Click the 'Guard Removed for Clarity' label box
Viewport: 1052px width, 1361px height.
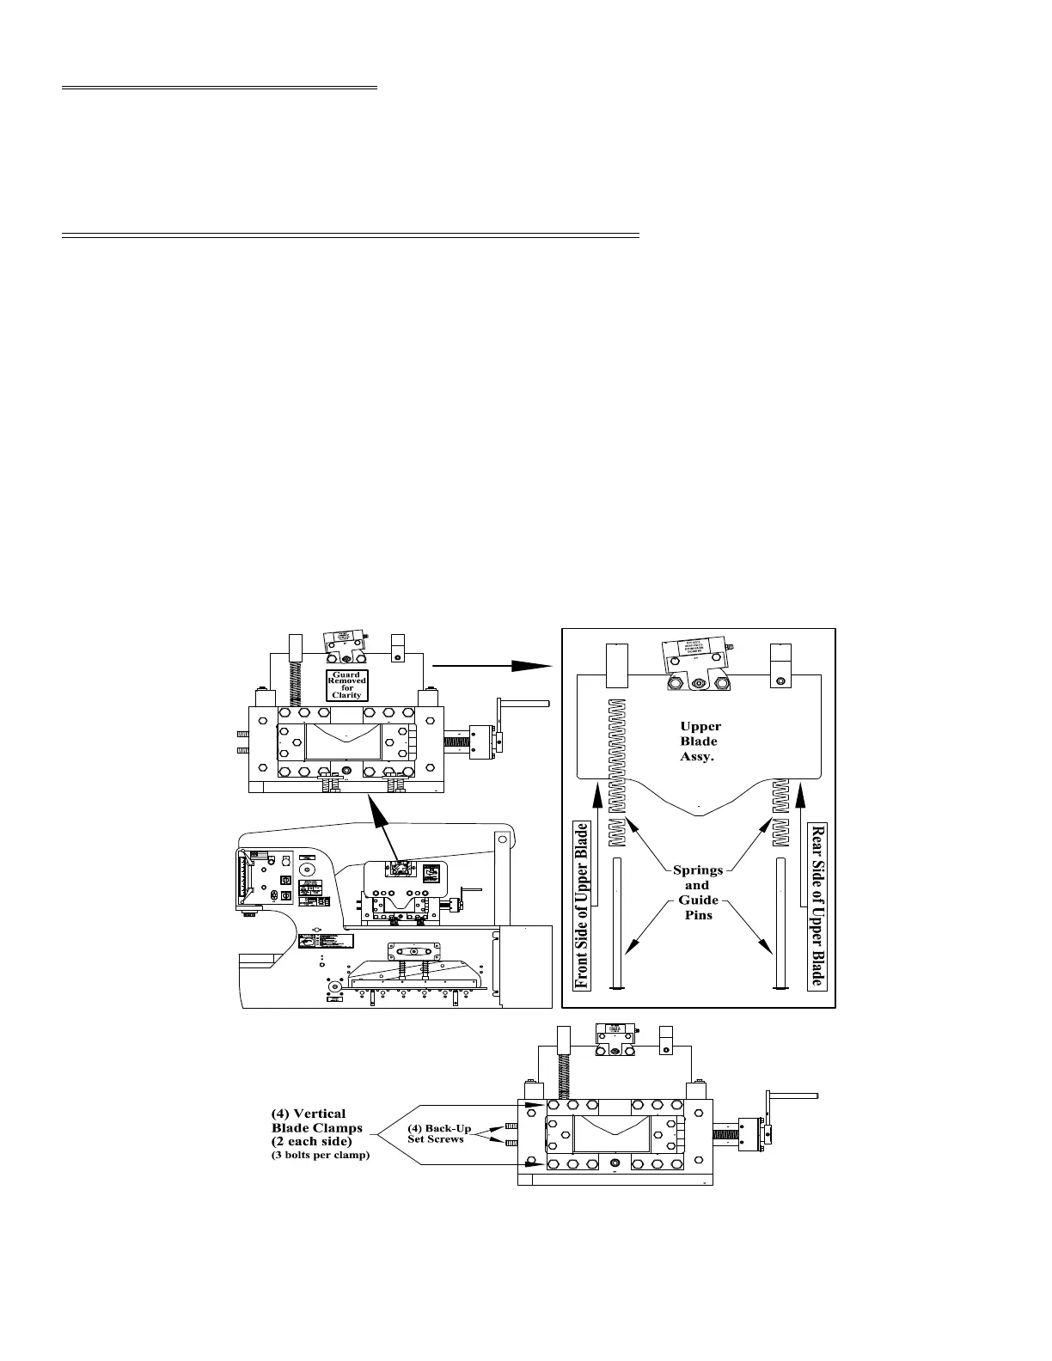347,685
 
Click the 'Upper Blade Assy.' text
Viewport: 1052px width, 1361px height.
699,741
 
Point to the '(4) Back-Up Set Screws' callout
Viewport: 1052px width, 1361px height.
439,1133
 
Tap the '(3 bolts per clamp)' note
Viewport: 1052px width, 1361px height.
320,1156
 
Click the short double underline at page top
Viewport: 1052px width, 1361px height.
219,88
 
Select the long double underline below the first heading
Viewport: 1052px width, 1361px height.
351,234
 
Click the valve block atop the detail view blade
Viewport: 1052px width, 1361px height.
694,658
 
